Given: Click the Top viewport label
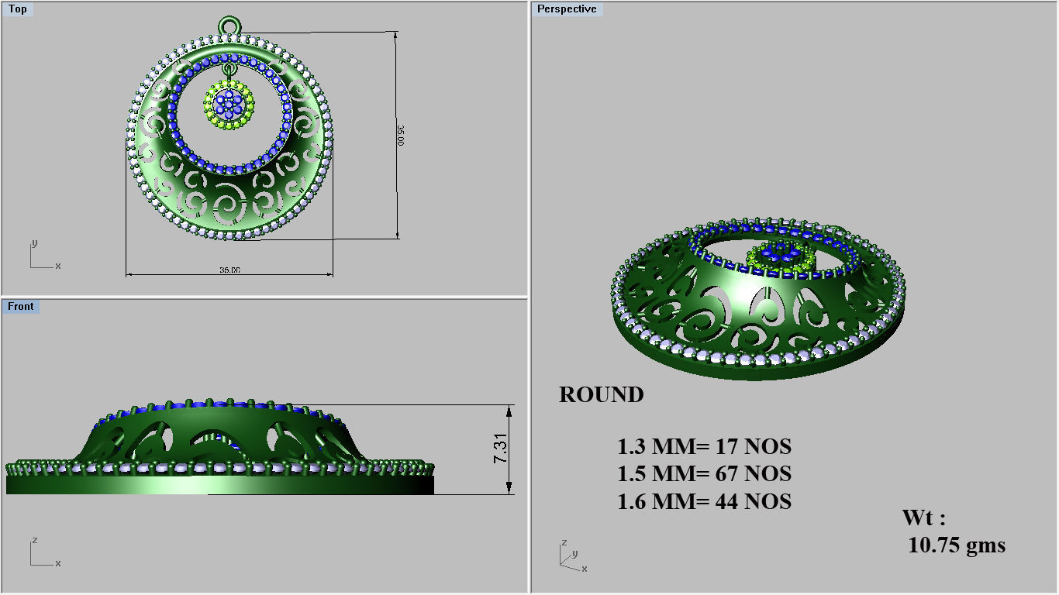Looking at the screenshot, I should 18,9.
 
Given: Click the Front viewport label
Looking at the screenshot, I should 21,307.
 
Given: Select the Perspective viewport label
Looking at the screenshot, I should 567,9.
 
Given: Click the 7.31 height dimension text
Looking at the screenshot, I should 501,449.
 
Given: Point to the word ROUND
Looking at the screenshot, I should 601,395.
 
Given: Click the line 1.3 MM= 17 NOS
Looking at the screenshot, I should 704,447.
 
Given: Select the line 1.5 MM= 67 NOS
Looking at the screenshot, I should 704,474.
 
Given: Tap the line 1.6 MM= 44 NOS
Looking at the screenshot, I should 704,502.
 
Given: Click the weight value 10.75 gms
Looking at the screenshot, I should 957,545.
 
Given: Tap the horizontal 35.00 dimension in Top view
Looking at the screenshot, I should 229,270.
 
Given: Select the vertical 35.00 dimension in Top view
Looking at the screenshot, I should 400,136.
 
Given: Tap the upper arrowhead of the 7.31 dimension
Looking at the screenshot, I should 509,409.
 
